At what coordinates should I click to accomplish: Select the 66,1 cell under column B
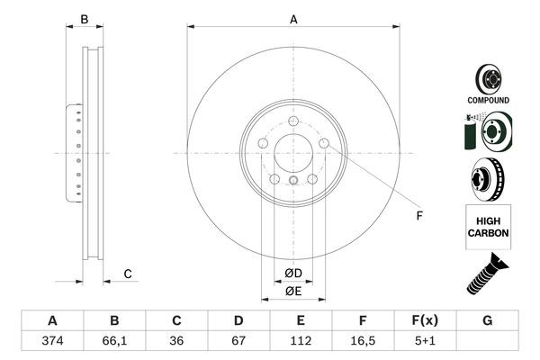pyautogui.click(x=114, y=342)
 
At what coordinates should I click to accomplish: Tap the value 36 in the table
pyautogui.click(x=176, y=342)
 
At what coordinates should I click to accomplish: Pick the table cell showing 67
pyautogui.click(x=238, y=342)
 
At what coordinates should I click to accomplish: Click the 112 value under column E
pyautogui.click(x=301, y=342)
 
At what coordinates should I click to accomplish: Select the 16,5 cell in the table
pyautogui.click(x=363, y=342)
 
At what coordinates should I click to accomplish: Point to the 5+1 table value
pyautogui.click(x=425, y=342)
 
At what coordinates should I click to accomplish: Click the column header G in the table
pyautogui.click(x=487, y=321)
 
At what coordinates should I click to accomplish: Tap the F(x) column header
pyautogui.click(x=425, y=321)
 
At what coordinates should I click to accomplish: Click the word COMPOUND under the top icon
pyautogui.click(x=488, y=100)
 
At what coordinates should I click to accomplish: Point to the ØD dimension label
pyautogui.click(x=292, y=274)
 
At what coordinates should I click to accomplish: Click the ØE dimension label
pyautogui.click(x=292, y=291)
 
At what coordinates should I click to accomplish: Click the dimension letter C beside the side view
pyautogui.click(x=128, y=274)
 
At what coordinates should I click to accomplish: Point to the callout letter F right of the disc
pyautogui.click(x=418, y=215)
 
